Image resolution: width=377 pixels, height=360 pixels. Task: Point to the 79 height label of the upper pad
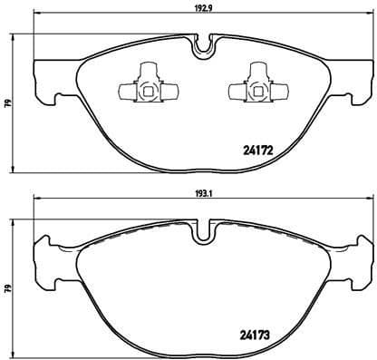click(x=5, y=104)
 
